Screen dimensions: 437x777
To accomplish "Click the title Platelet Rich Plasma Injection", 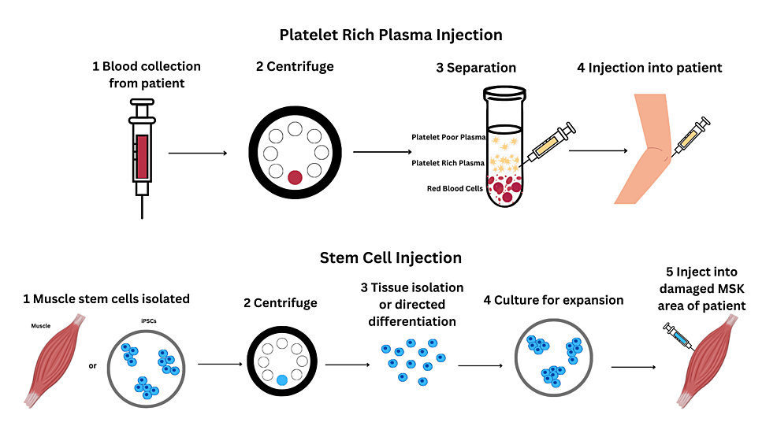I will coord(390,35).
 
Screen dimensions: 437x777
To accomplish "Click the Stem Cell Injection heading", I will coord(390,257).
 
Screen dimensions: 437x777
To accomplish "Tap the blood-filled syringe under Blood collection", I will coord(143,154).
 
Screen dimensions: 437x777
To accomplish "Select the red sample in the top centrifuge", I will coord(295,177).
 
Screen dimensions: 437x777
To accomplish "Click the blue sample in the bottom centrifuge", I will coord(282,380).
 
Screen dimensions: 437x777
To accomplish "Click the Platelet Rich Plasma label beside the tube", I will coord(448,163).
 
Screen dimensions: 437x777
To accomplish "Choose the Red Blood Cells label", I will coord(455,190).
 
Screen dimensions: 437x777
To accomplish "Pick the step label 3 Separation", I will coord(476,68).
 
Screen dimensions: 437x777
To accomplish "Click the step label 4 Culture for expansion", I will coord(559,300).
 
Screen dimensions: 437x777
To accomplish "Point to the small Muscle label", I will coord(41,324).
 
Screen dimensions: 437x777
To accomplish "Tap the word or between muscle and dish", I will coord(93,365).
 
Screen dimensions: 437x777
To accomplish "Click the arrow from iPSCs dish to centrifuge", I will coord(220,365).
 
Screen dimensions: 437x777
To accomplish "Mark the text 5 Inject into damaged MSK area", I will coord(701,298).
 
